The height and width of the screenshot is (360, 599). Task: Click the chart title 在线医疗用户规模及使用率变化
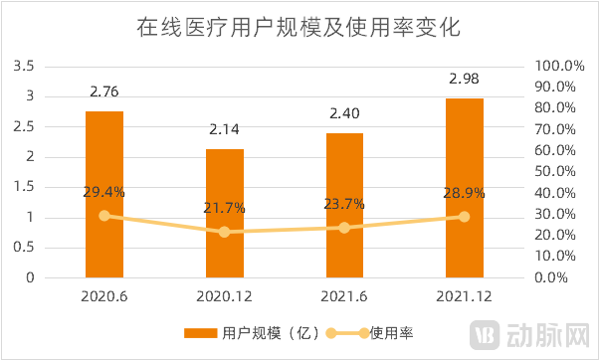point(298,27)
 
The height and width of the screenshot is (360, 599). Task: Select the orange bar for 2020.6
point(104,194)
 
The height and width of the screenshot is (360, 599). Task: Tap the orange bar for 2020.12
point(224,213)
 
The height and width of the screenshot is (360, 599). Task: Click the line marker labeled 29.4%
point(104,215)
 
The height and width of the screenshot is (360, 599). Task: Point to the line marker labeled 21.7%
point(224,232)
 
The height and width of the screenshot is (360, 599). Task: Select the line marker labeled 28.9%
point(464,216)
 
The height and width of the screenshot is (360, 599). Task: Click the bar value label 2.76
point(104,92)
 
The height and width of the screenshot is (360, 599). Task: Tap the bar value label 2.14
point(224,129)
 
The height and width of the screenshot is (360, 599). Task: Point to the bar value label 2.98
point(464,79)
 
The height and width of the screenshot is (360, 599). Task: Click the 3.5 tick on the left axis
point(23,66)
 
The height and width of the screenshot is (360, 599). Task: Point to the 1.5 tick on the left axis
point(23,187)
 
